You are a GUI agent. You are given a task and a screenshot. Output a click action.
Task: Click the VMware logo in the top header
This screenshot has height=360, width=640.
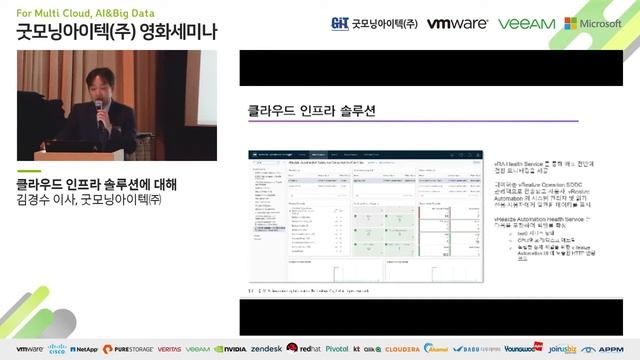tap(456, 23)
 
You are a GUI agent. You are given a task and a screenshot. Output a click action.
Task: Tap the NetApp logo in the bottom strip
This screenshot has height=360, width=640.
tap(83, 349)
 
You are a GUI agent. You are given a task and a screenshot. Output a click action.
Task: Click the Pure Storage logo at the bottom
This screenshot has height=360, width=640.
tap(128, 349)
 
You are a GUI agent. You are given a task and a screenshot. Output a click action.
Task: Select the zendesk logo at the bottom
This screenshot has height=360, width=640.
tap(266, 349)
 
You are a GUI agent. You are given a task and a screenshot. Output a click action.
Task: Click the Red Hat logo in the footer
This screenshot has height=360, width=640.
tap(303, 349)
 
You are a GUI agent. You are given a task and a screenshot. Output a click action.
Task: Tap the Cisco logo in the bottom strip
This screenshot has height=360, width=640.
tap(56, 349)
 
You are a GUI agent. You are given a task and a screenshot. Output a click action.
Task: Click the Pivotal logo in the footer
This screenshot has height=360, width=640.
tap(336, 349)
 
